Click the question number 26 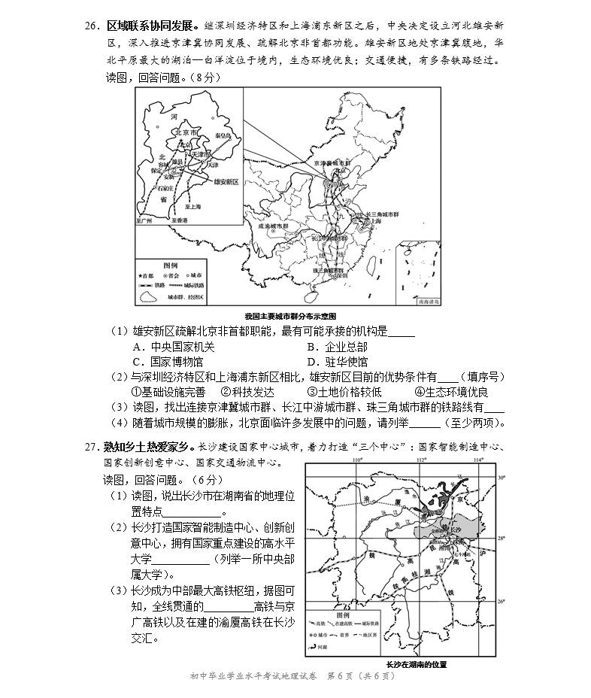click(x=92, y=25)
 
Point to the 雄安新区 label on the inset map click(x=225, y=181)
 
